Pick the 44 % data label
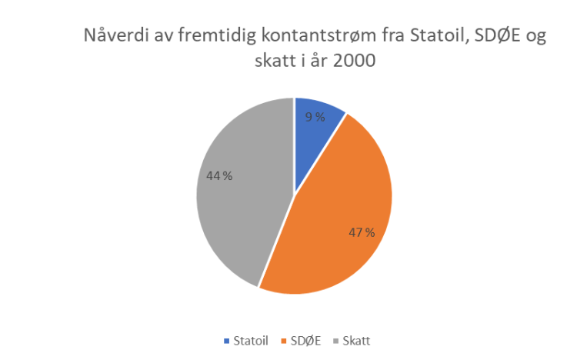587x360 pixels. [219, 175]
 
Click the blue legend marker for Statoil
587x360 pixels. [226, 341]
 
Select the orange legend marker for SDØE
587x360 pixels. [283, 341]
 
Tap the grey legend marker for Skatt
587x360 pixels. [333, 341]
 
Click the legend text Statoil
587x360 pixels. [250, 341]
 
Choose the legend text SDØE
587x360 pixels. [303, 341]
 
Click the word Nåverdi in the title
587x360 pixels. [112, 37]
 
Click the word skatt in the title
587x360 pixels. [232, 61]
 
